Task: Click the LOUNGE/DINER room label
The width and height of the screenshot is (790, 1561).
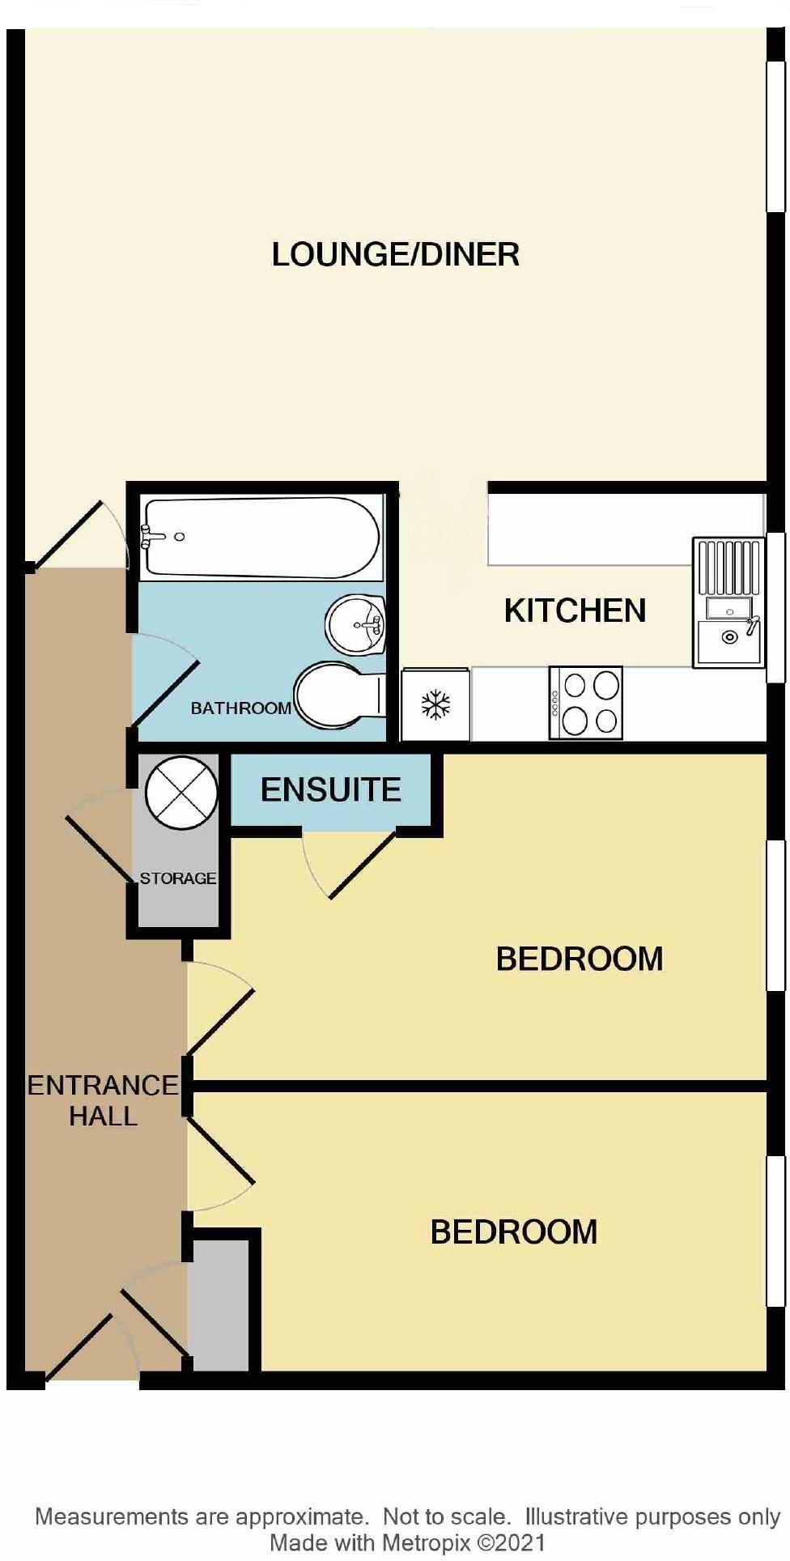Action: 395,254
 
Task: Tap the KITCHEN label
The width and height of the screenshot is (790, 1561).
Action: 575,610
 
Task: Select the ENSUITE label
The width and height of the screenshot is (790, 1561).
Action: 330,789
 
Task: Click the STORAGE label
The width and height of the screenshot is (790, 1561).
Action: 177,878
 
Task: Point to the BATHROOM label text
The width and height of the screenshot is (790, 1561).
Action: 240,708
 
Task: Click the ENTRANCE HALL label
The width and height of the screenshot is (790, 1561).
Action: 103,1100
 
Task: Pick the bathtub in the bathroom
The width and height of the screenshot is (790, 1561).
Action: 261,538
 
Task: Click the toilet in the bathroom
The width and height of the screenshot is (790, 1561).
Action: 338,695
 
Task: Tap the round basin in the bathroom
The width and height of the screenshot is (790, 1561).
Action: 355,624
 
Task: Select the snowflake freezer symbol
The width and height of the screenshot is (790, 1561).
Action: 435,704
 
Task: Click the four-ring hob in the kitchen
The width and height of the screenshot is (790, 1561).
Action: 585,703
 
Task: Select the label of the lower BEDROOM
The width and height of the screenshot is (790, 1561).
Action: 513,1231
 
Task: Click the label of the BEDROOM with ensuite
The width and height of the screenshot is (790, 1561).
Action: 579,959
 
